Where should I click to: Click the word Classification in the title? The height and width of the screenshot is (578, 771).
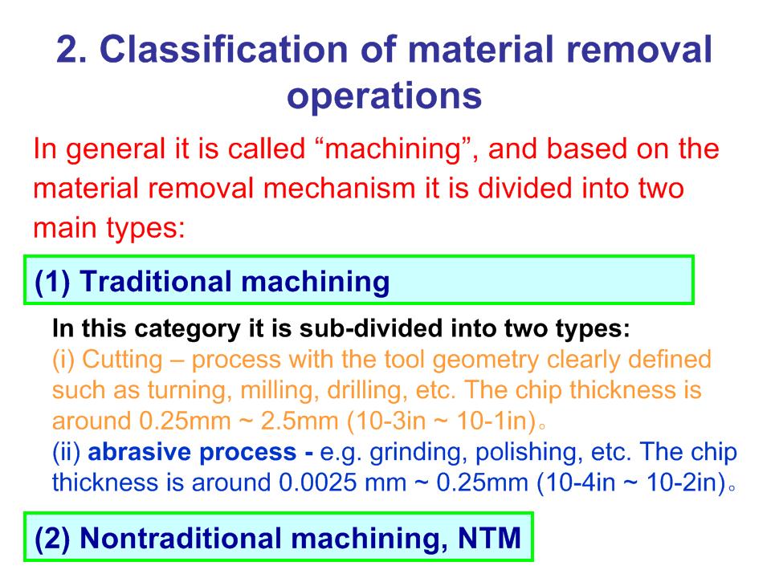(223, 49)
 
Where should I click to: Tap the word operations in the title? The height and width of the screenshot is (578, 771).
(384, 96)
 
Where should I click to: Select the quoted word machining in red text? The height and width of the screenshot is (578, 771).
(393, 150)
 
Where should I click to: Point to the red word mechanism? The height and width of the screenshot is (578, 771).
(339, 188)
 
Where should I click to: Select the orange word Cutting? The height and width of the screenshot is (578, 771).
(122, 360)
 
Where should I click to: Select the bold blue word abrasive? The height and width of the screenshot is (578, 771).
(139, 452)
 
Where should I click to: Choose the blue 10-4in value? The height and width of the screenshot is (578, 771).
(577, 482)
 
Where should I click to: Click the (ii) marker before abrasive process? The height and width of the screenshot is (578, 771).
(67, 452)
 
